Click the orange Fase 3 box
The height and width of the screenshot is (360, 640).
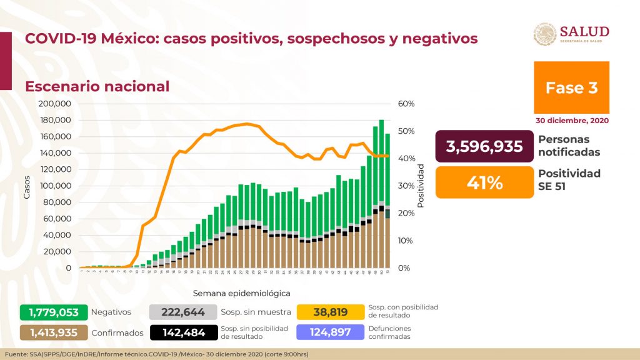[x=571, y=88]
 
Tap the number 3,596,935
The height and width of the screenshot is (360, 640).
[x=484, y=146]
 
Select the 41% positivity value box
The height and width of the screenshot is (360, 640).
[x=484, y=182]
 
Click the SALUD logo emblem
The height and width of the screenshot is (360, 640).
[x=544, y=34]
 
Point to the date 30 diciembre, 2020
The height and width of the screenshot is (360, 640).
[x=571, y=120]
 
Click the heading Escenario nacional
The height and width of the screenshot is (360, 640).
[x=97, y=86]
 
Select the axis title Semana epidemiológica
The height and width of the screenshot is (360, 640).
[x=241, y=292]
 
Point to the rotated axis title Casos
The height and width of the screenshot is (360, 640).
[x=27, y=186]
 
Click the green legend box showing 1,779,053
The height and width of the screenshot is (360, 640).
[x=52, y=312]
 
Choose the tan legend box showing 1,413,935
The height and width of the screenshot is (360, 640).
[x=52, y=332]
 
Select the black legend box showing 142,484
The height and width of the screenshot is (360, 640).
[x=183, y=332]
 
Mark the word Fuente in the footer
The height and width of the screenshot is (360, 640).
[x=16, y=355]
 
